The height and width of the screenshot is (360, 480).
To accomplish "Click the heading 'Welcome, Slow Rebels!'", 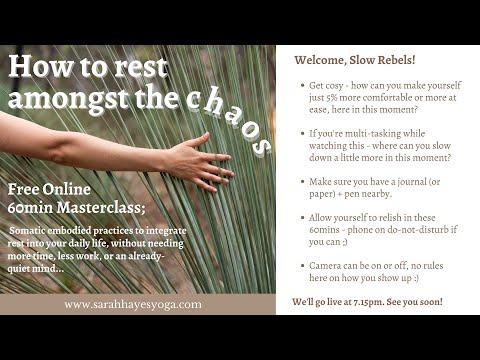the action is pyautogui.click(x=355, y=60).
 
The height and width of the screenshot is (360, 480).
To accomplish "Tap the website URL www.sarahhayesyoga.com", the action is pyautogui.click(x=133, y=304).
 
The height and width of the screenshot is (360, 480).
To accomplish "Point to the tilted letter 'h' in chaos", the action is pyautogui.click(x=214, y=103).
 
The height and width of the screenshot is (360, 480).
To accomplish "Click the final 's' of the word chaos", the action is pyautogui.click(x=262, y=147).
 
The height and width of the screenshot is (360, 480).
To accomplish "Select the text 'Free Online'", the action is pyautogui.click(x=49, y=189).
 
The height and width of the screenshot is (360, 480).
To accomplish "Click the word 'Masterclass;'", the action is pyautogui.click(x=101, y=207).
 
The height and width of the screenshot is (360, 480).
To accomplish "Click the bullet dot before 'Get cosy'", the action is pyautogui.click(x=303, y=86).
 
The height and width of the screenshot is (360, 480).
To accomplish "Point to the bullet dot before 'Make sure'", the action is pyautogui.click(x=303, y=182).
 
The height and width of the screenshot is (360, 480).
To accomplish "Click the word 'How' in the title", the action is pyautogui.click(x=40, y=67).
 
